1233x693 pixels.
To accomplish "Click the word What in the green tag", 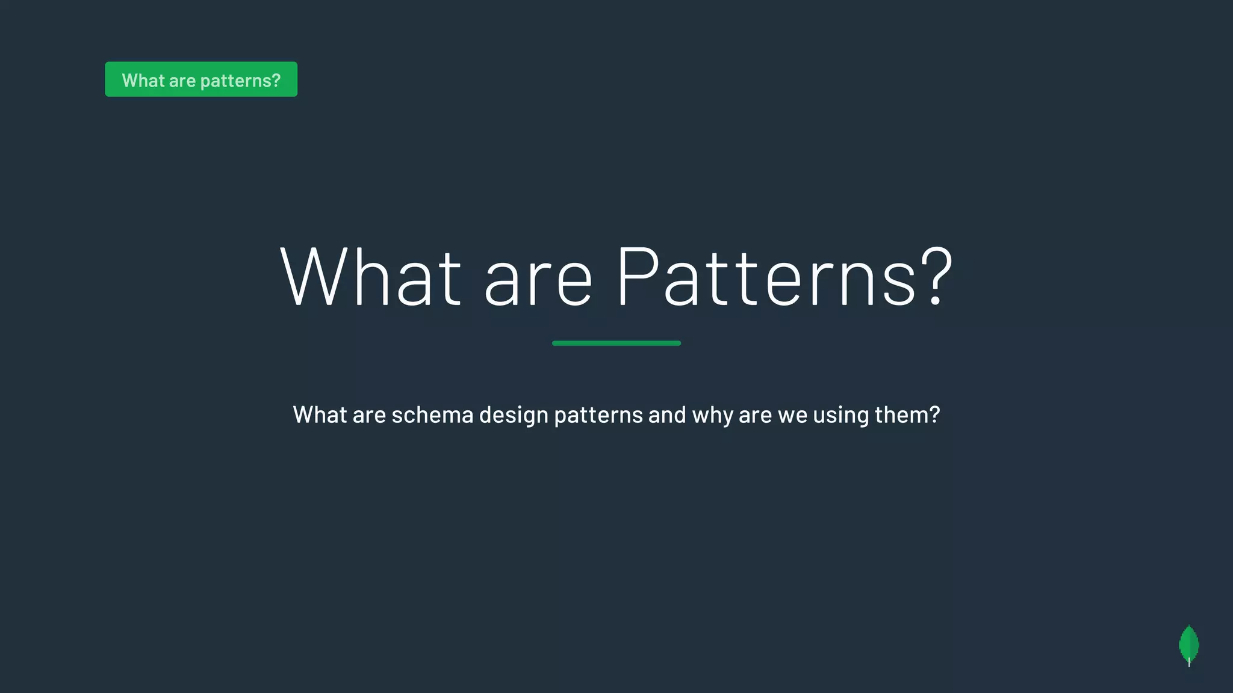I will tap(143, 80).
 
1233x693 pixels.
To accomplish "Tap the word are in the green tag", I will tap(182, 80).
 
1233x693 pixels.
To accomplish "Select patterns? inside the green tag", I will tap(240, 81).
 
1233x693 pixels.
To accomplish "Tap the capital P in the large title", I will tap(637, 276).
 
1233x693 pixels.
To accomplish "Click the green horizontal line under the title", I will tap(616, 343).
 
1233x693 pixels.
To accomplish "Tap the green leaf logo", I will tap(1188, 645).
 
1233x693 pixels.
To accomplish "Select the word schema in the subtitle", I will tap(432, 414).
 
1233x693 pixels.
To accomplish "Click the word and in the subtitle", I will tap(667, 414).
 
